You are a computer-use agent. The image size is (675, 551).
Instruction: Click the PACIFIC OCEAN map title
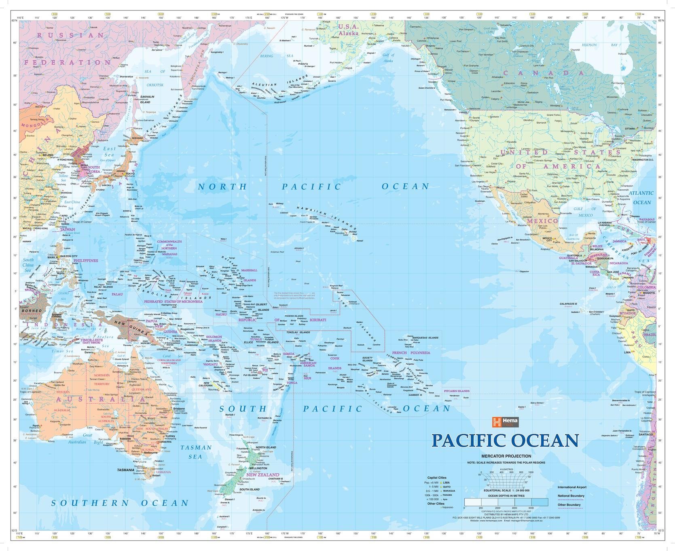pos(505,441)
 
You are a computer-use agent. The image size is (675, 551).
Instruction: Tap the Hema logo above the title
pos(505,422)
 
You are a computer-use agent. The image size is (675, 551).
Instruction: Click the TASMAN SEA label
pos(196,452)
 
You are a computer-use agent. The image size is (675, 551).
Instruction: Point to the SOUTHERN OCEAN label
pos(120,503)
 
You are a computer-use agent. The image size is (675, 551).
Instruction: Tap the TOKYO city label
pos(130,174)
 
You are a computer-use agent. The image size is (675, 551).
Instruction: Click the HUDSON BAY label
pos(599,45)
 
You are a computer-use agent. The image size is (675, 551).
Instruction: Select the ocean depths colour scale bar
pos(506,502)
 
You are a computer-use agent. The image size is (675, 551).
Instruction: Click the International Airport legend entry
pos(571,487)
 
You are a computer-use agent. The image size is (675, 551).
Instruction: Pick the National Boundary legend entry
pos(571,496)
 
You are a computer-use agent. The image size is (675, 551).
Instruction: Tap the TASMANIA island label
pos(125,470)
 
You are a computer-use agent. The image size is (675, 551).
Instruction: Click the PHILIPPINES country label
pos(85,261)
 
